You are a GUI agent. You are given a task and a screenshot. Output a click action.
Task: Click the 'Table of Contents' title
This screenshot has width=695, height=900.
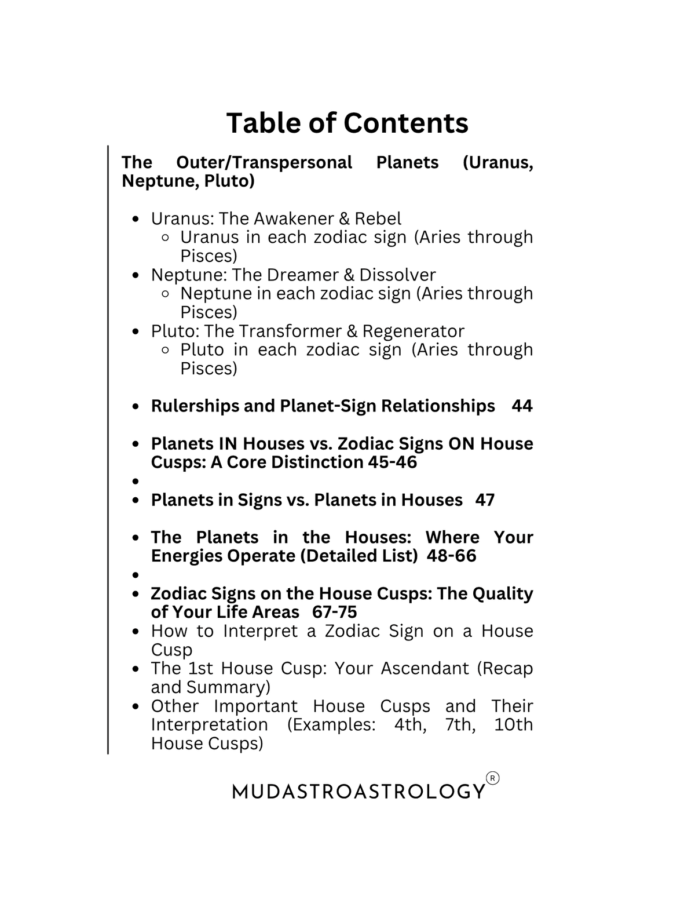point(347,123)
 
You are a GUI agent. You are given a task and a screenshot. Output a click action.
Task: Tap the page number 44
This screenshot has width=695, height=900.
point(522,406)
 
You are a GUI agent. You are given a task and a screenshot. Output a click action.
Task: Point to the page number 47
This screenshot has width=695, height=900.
point(485,500)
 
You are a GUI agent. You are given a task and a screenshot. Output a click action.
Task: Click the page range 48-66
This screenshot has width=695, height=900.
point(451,556)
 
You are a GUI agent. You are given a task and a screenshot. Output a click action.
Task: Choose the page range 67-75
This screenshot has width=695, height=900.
point(334,612)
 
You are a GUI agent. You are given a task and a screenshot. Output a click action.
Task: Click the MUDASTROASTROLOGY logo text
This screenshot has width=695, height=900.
point(359,791)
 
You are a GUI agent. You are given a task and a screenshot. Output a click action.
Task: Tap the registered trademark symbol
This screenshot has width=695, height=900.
point(492,778)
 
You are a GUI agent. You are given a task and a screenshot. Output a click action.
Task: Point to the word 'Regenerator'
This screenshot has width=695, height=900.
point(413,331)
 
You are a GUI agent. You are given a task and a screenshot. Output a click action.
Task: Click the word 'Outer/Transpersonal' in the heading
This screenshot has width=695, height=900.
point(264,162)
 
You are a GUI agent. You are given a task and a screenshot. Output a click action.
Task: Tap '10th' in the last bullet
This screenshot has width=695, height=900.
point(513,724)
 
